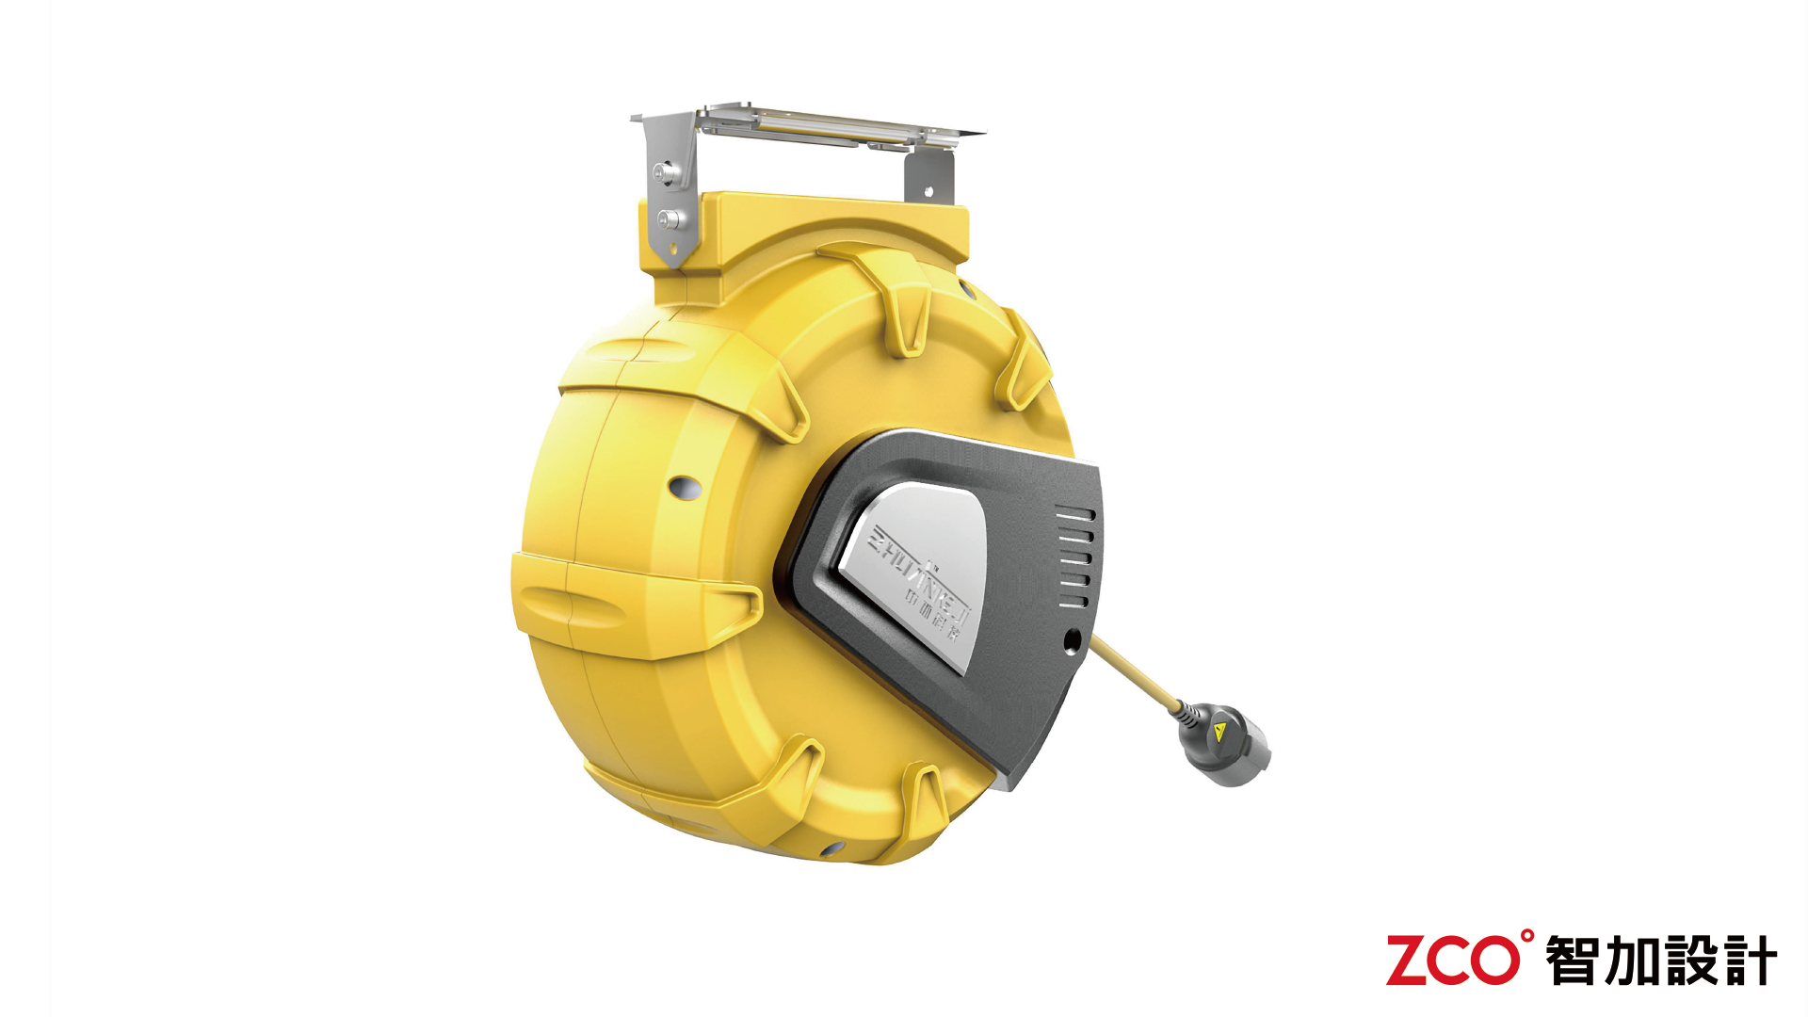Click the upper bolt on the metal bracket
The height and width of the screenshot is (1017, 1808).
click(x=666, y=173)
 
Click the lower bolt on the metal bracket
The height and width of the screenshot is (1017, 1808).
click(x=670, y=220)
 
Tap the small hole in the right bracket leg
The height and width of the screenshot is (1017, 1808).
click(x=928, y=191)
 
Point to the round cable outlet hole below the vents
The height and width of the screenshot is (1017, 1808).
click(x=1072, y=641)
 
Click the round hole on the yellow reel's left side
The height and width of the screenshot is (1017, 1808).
click(x=685, y=488)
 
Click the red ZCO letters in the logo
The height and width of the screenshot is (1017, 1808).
click(x=1450, y=961)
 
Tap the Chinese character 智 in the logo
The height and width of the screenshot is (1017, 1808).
click(x=1572, y=961)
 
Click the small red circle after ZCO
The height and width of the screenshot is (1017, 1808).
click(x=1526, y=936)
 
